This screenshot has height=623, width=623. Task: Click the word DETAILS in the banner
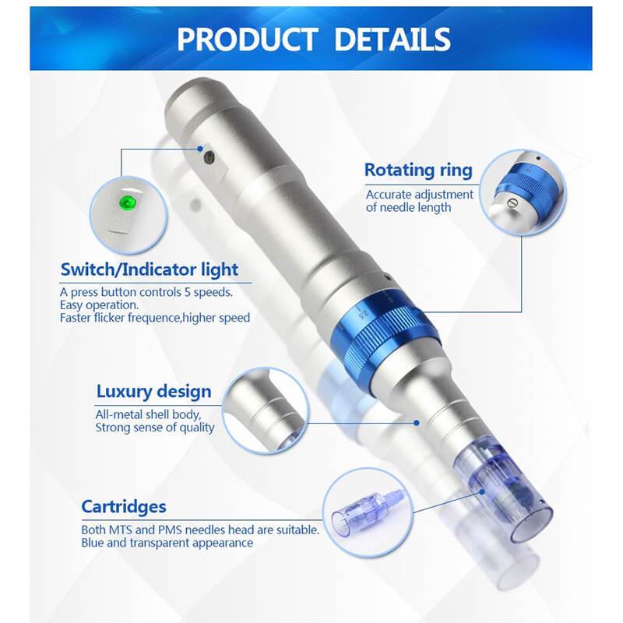[390, 38]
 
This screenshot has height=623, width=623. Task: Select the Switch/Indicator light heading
[150, 270]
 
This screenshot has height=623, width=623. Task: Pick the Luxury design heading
[153, 390]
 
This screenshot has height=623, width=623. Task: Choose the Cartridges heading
[124, 506]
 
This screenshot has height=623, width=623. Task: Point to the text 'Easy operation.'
[100, 304]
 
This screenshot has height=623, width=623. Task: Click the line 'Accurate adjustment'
[420, 195]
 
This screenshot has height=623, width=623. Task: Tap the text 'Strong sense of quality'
[156, 428]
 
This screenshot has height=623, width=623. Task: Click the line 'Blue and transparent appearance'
[167, 543]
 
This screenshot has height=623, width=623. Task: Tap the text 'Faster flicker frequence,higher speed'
[155, 318]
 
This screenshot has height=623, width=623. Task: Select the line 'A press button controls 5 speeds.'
[146, 291]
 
